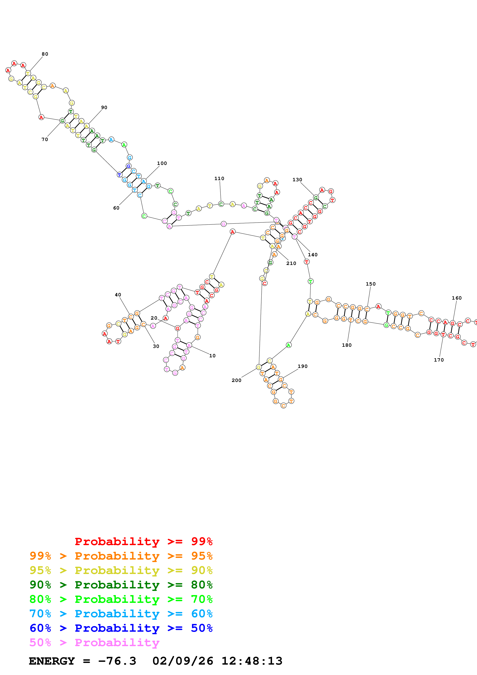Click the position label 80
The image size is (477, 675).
45,54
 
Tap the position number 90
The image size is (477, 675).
104,108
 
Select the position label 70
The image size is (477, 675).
45,139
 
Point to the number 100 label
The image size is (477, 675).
162,163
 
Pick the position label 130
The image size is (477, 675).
297,180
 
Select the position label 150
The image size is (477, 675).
371,284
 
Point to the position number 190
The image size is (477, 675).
302,366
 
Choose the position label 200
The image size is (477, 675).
236,380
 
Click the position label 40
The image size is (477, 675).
118,295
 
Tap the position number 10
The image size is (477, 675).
212,356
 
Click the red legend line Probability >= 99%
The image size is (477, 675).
143,541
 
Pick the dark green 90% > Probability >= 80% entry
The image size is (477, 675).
121,585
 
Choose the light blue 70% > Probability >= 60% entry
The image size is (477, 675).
121,614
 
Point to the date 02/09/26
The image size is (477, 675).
183,661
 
